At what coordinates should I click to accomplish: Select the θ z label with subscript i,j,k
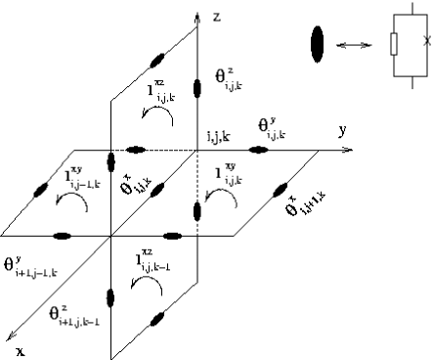(x=225, y=76)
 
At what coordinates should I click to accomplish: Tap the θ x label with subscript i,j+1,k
(x=313, y=212)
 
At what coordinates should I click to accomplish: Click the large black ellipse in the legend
(x=317, y=43)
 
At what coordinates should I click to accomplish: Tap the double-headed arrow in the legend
(x=354, y=44)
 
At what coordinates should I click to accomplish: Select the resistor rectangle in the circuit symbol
(x=392, y=44)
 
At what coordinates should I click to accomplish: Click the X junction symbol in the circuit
(x=427, y=41)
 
